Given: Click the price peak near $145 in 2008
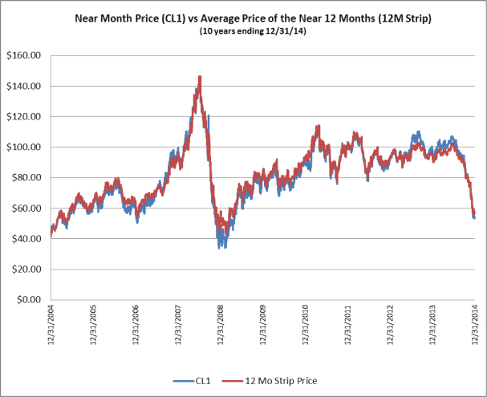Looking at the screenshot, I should [199, 77].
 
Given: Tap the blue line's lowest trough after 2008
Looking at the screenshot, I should [221, 247].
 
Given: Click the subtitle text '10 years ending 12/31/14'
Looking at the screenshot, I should [260, 31].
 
